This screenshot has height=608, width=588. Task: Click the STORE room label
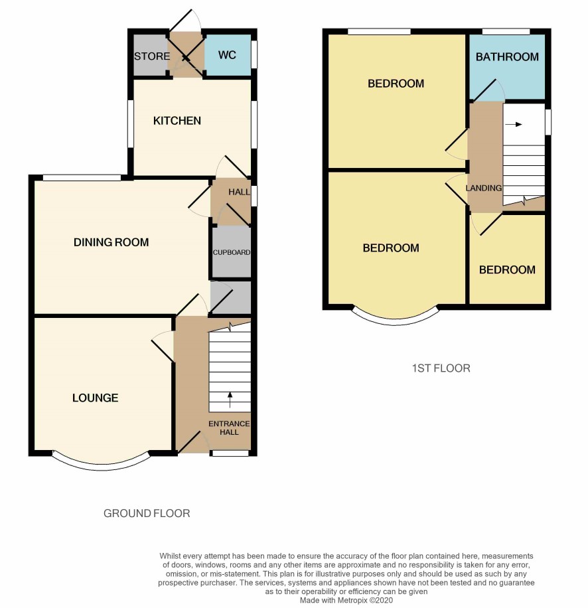tap(152, 56)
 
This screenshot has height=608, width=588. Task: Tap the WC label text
tap(227, 55)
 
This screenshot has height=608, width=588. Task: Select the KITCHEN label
tap(177, 121)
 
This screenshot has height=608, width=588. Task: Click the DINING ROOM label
tap(111, 242)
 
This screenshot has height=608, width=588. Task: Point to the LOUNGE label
tap(96, 398)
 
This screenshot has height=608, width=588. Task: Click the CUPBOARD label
tap(232, 252)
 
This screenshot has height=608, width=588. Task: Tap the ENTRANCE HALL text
tap(229, 427)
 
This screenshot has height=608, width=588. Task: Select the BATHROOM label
tap(507, 57)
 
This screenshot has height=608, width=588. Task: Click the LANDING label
tap(484, 188)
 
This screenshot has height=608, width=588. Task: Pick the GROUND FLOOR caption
tap(147, 513)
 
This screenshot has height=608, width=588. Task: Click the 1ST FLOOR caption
tap(441, 368)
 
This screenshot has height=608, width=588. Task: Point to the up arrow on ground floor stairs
tap(230, 400)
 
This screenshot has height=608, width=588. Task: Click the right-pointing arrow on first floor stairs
tap(514, 125)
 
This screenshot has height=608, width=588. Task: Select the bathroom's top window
tap(506, 31)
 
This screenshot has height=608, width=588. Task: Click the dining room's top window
tap(82, 178)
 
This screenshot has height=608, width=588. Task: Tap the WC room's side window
tap(254, 54)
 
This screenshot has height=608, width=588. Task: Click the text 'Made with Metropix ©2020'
tap(346, 600)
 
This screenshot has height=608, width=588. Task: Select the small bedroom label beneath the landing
tap(507, 270)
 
